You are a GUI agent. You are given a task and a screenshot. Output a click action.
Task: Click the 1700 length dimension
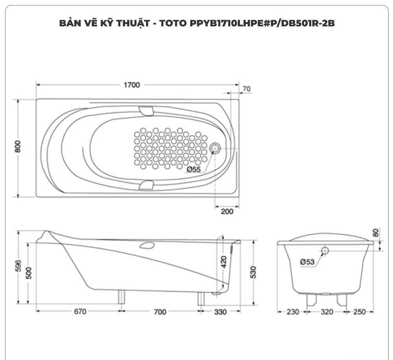(x=132, y=85)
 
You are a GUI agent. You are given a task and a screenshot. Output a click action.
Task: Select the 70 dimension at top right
(x=246, y=89)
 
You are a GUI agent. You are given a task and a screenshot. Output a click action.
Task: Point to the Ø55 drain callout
(x=194, y=170)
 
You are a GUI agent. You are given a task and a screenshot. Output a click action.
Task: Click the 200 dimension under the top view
(x=227, y=211)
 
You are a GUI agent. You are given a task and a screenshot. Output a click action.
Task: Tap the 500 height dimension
(x=28, y=273)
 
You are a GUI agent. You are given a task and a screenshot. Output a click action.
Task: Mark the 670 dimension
(x=80, y=312)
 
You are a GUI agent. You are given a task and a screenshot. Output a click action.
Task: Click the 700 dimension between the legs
(x=160, y=312)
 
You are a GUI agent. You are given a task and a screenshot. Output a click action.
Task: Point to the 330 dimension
(x=220, y=312)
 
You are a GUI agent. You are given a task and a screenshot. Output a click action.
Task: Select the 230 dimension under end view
(x=292, y=312)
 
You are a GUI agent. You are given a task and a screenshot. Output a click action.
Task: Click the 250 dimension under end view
(x=359, y=312)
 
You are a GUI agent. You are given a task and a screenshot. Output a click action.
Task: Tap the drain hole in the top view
(x=215, y=148)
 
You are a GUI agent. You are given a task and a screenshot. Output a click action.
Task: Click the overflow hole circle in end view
(x=325, y=251)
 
